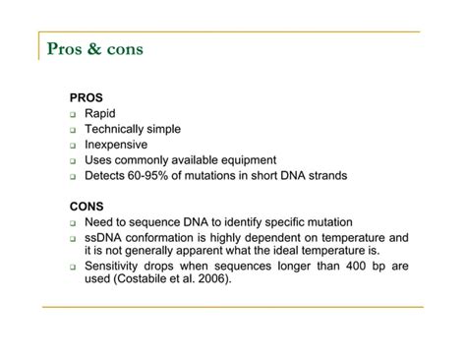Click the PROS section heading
tap(86, 97)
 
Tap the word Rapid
tap(100, 113)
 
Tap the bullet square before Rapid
tap(73, 114)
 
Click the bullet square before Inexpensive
tap(73, 146)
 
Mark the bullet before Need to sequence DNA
tap(73, 223)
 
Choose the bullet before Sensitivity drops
tap(73, 267)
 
